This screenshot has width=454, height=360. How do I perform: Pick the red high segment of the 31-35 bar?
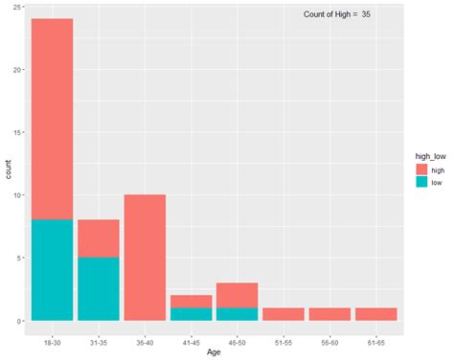98,238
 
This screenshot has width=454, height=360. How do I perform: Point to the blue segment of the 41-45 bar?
191,314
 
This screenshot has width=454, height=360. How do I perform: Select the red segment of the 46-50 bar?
237,295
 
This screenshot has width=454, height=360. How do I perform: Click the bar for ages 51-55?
283,314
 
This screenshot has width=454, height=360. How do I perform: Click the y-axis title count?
9,170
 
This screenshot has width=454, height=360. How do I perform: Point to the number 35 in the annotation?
367,14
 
